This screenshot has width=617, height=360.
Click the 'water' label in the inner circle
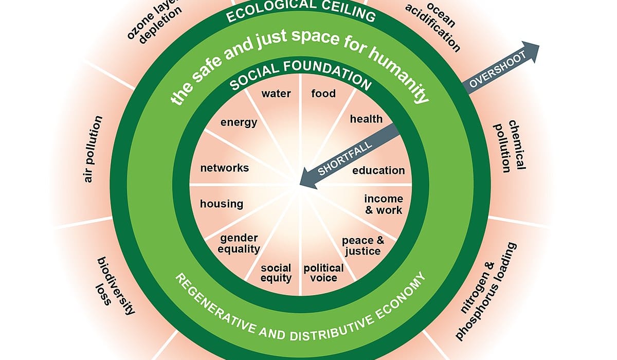coord(276,94)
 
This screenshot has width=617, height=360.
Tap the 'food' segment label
coord(323,94)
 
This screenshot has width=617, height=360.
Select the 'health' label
coord(366,119)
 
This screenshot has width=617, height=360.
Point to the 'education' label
coord(378,170)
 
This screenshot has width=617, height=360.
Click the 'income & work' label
coord(383,204)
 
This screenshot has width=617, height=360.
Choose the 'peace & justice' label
coord(363,245)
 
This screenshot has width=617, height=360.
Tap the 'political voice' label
coord(323,273)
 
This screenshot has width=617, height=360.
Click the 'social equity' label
coord(276,273)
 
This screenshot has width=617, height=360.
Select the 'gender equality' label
coord(239,243)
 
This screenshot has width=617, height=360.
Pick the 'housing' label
coord(222,204)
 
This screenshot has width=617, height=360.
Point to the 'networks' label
coord(224,168)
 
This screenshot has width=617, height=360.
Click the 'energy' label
coord(239,122)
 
